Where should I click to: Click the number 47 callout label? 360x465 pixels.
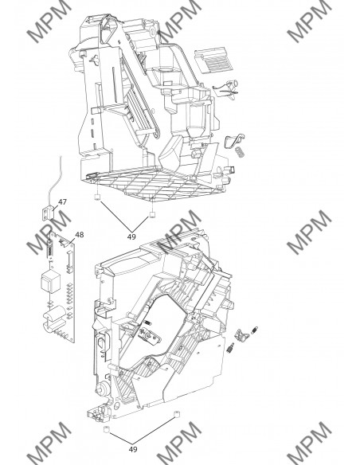[61, 203]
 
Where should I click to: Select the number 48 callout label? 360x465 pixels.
[79, 235]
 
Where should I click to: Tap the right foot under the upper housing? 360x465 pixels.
[151, 215]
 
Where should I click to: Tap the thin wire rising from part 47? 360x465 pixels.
[56, 179]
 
